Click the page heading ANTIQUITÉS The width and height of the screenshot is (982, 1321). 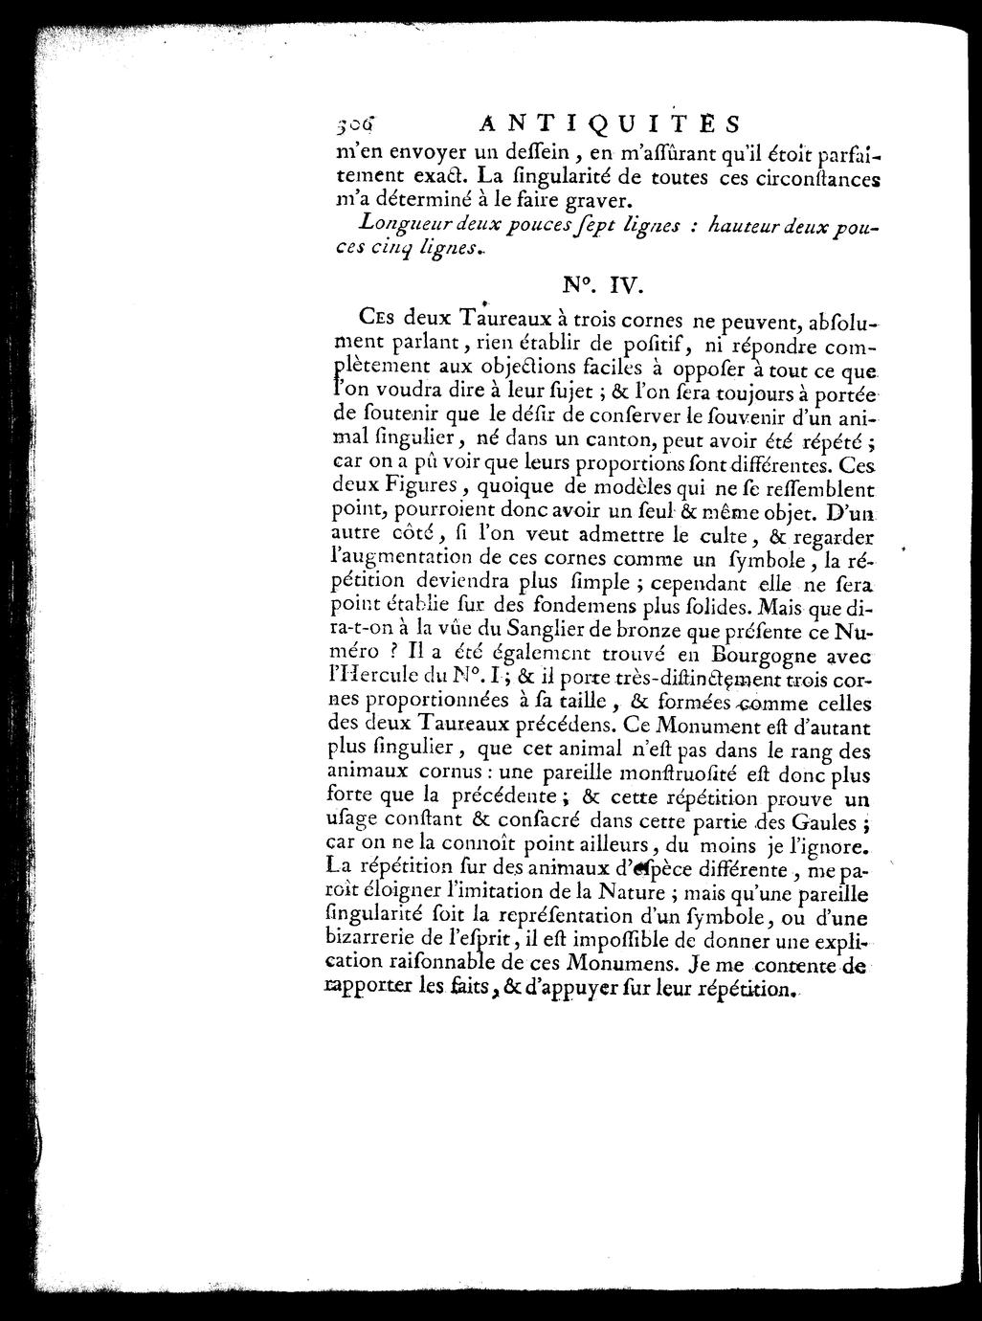click(x=608, y=124)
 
